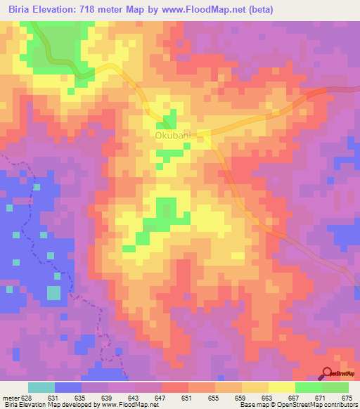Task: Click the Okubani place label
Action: (172, 136)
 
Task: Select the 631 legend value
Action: (53, 398)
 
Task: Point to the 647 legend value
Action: (160, 398)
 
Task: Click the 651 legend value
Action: (187, 398)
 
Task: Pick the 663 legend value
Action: (266, 398)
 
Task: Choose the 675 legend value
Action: (347, 398)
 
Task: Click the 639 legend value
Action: (107, 398)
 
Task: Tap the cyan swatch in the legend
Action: (41, 387)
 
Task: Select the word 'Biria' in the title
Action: (21, 10)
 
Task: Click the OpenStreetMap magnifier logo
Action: (328, 375)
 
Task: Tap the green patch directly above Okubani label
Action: (169, 119)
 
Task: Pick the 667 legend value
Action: (293, 398)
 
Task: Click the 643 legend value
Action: (134, 398)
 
